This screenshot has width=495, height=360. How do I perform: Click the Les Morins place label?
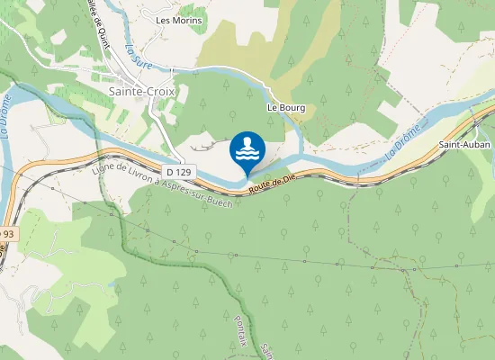[179, 19]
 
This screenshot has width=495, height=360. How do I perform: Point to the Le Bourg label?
[286, 108]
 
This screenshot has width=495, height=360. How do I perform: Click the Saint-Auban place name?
[463, 144]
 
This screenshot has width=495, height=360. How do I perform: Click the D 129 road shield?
[179, 171]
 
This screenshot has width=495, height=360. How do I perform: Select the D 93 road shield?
[5, 234]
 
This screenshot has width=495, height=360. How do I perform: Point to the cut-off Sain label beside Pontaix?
[266, 348]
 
